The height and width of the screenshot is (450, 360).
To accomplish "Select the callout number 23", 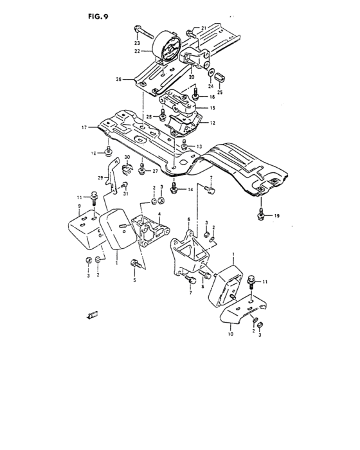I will click(x=137, y=42).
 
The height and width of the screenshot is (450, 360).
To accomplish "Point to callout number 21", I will click(x=204, y=28).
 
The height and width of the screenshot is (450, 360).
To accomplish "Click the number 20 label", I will click(x=192, y=76).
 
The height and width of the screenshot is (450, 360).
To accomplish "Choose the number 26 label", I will click(x=118, y=80).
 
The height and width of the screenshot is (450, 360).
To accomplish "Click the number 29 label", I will click(x=100, y=177).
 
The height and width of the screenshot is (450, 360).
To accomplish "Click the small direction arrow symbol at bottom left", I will click(x=91, y=314).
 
